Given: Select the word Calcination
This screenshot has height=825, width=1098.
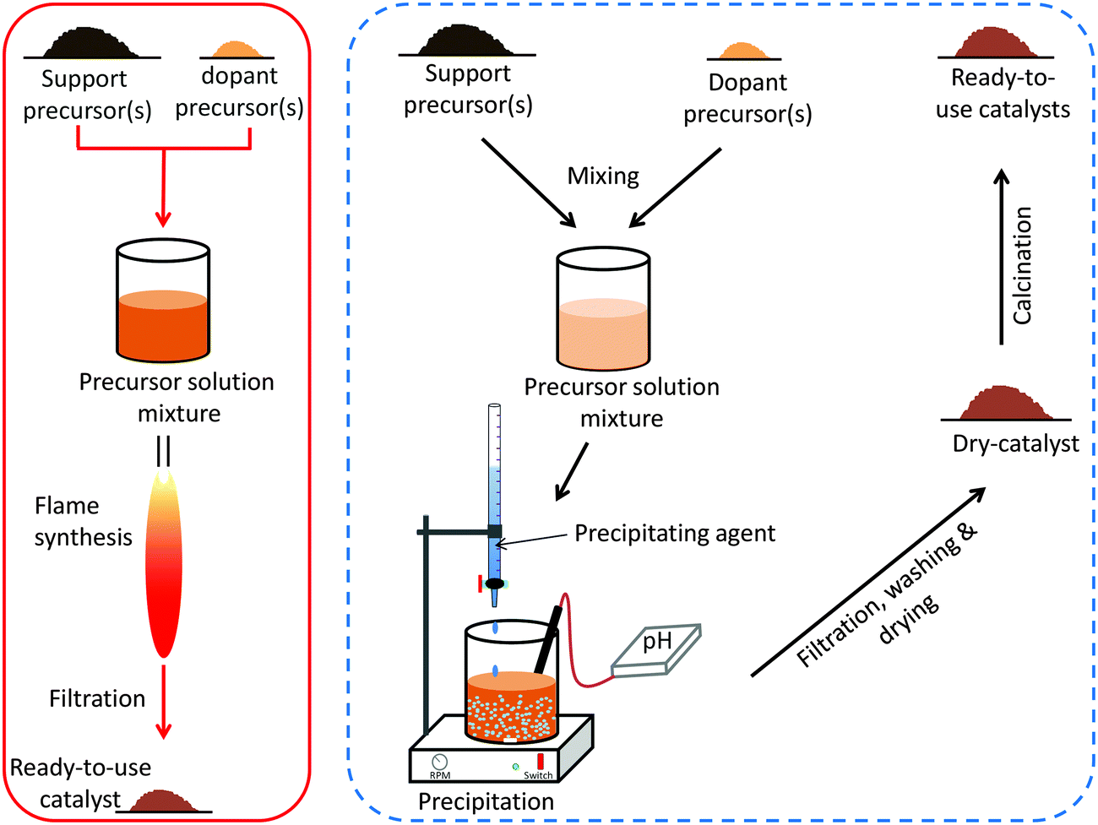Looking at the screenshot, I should click(1023, 266).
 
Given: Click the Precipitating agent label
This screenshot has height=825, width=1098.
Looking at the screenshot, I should click(674, 534).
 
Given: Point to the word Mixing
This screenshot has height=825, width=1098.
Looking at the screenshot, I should click(603, 176).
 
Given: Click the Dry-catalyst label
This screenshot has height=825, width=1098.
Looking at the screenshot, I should click(1015, 444).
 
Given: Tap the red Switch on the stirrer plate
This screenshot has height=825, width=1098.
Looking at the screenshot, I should click(540, 762).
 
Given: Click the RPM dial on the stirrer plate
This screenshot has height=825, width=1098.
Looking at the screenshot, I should click(439, 763).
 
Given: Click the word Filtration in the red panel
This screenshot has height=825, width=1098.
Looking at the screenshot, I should click(97, 699).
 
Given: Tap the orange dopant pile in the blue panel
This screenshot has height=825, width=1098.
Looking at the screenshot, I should click(743, 51).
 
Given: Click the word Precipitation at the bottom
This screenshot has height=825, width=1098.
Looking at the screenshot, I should click(486, 801).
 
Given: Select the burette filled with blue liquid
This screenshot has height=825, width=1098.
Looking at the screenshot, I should click(494, 490).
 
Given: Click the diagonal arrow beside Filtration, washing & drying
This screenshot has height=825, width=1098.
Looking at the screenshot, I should click(868, 582).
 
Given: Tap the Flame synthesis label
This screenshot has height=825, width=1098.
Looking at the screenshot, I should click(83, 522).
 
